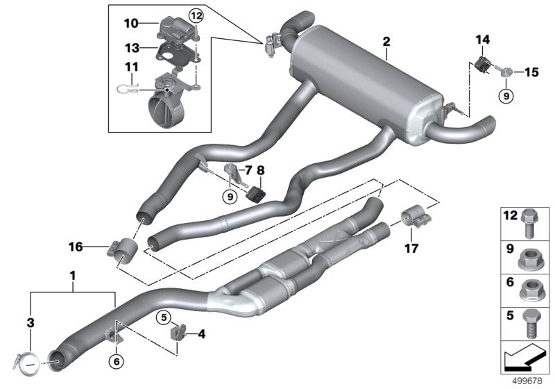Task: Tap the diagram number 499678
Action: (527, 381)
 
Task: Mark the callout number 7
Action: (248, 170)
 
